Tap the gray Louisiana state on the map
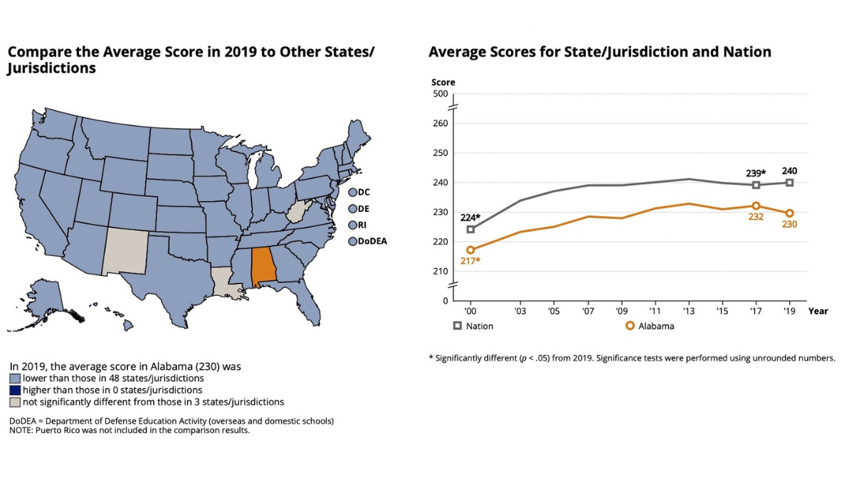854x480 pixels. tap(228, 278)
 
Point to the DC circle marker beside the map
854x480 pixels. tap(352, 192)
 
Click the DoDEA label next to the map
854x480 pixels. tap(372, 241)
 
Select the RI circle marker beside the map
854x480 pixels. tap(352, 225)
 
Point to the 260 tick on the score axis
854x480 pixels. tap(441, 123)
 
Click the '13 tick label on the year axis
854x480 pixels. tap(688, 311)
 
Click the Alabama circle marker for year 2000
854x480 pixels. tap(470, 250)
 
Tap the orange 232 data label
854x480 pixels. tap(756, 217)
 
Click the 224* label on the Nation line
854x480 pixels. tap(469, 218)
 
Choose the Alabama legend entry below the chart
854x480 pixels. tap(650, 326)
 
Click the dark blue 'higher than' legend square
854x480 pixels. tap(14, 390)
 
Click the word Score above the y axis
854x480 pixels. tap(443, 82)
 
